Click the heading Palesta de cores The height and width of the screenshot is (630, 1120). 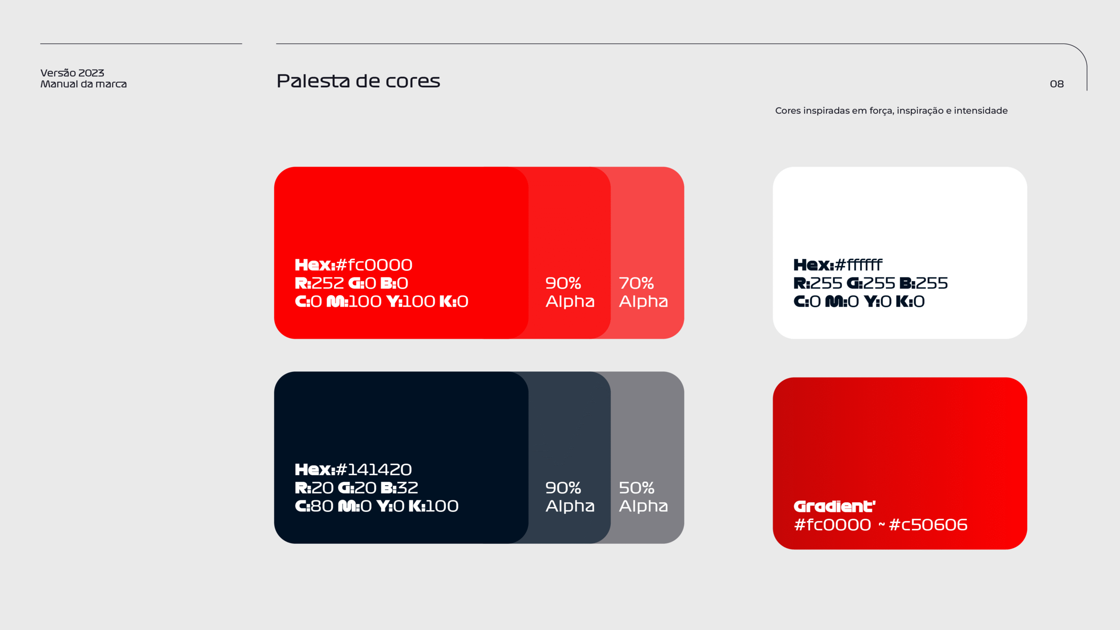tap(358, 81)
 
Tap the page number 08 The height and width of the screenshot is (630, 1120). tap(1057, 84)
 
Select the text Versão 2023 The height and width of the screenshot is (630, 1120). tap(72, 73)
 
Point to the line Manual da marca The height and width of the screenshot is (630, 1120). tap(84, 84)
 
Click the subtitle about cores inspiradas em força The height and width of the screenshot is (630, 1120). tap(891, 111)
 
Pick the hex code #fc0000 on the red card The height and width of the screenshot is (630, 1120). tap(374, 265)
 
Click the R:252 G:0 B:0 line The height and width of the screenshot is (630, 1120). tap(351, 283)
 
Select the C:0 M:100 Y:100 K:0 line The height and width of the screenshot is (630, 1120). tap(381, 301)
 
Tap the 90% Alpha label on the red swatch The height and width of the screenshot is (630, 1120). tap(570, 292)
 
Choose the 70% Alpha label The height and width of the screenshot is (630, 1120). tap(644, 292)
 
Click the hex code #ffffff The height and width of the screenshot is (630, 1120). tap(858, 265)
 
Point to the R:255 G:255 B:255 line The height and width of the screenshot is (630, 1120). tap(871, 283)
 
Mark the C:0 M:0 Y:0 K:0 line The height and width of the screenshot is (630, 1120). tap(859, 301)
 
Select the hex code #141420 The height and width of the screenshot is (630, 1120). tap(374, 469)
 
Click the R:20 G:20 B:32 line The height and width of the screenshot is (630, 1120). tap(357, 488)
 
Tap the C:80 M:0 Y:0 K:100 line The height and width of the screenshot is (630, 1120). tap(377, 506)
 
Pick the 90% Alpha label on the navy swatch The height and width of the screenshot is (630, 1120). tap(570, 497)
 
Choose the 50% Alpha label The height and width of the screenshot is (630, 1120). tap(644, 497)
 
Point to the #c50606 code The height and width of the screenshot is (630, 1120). tap(928, 525)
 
